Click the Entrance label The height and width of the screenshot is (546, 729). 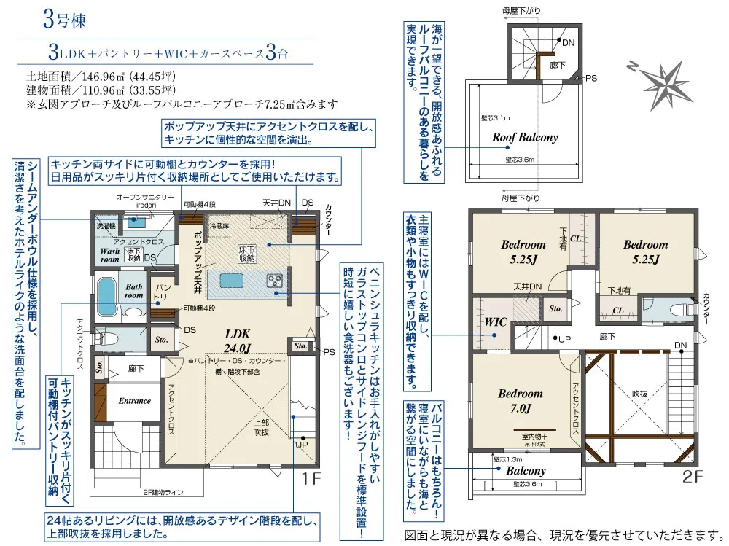coord(134,400)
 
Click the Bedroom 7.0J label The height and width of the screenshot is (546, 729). coord(520,400)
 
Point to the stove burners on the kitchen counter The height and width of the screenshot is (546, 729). coord(276,280)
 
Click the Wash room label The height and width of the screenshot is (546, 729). coord(109,254)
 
